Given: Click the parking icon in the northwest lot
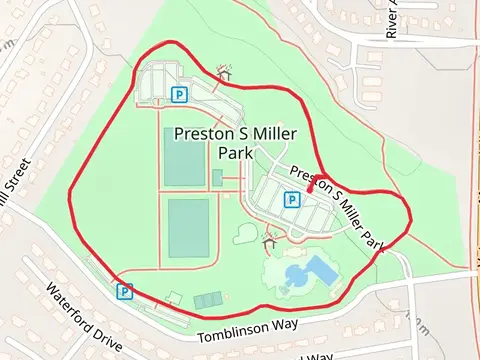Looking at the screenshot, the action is click(x=179, y=95).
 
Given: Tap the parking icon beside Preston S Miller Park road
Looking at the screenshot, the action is click(x=291, y=200).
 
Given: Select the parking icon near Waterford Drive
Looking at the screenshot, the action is click(x=125, y=291).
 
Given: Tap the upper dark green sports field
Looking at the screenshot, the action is click(x=184, y=157).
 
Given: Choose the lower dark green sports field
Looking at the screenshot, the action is click(x=188, y=228).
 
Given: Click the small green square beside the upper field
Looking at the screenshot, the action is click(x=217, y=178).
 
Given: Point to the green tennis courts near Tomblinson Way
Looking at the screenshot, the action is click(x=208, y=300).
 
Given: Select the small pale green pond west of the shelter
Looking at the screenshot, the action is click(x=247, y=234).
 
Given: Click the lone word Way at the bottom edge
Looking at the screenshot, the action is click(x=317, y=355).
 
